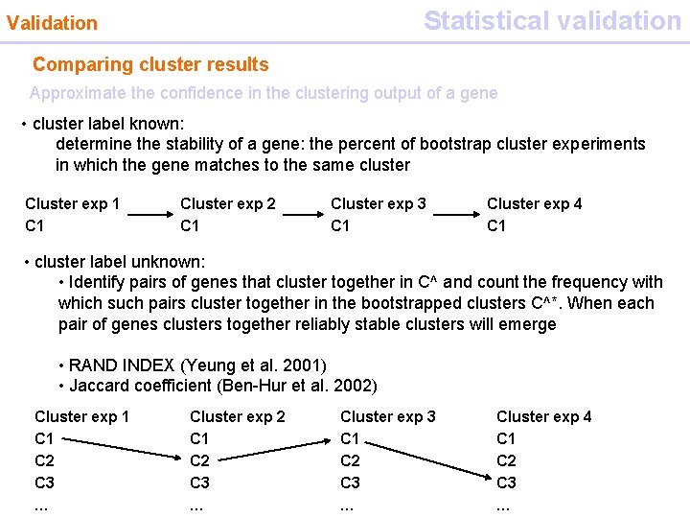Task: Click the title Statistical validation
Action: pos(552,20)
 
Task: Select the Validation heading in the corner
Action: pos(52,23)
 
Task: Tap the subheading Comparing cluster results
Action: pos(150,65)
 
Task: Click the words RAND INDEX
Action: pos(122,365)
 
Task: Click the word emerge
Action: pos(525,324)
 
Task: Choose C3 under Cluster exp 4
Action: pos(506,482)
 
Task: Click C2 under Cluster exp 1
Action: pos(44,460)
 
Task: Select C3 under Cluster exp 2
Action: pos(199,482)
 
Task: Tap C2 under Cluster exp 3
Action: pos(351,460)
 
